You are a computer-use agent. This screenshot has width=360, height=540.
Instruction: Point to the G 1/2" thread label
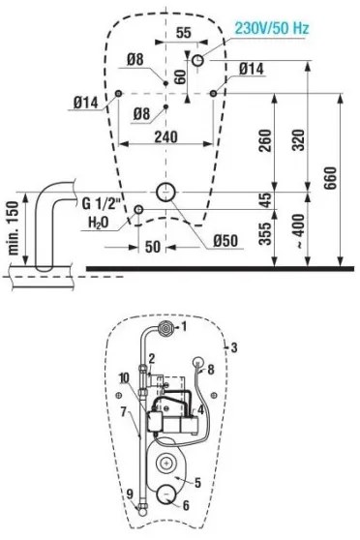pyautogui.click(x=102, y=204)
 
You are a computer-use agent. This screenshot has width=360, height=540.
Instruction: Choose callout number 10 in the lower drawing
pyautogui.click(x=123, y=376)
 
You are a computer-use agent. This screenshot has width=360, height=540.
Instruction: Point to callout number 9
pyautogui.click(x=130, y=495)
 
